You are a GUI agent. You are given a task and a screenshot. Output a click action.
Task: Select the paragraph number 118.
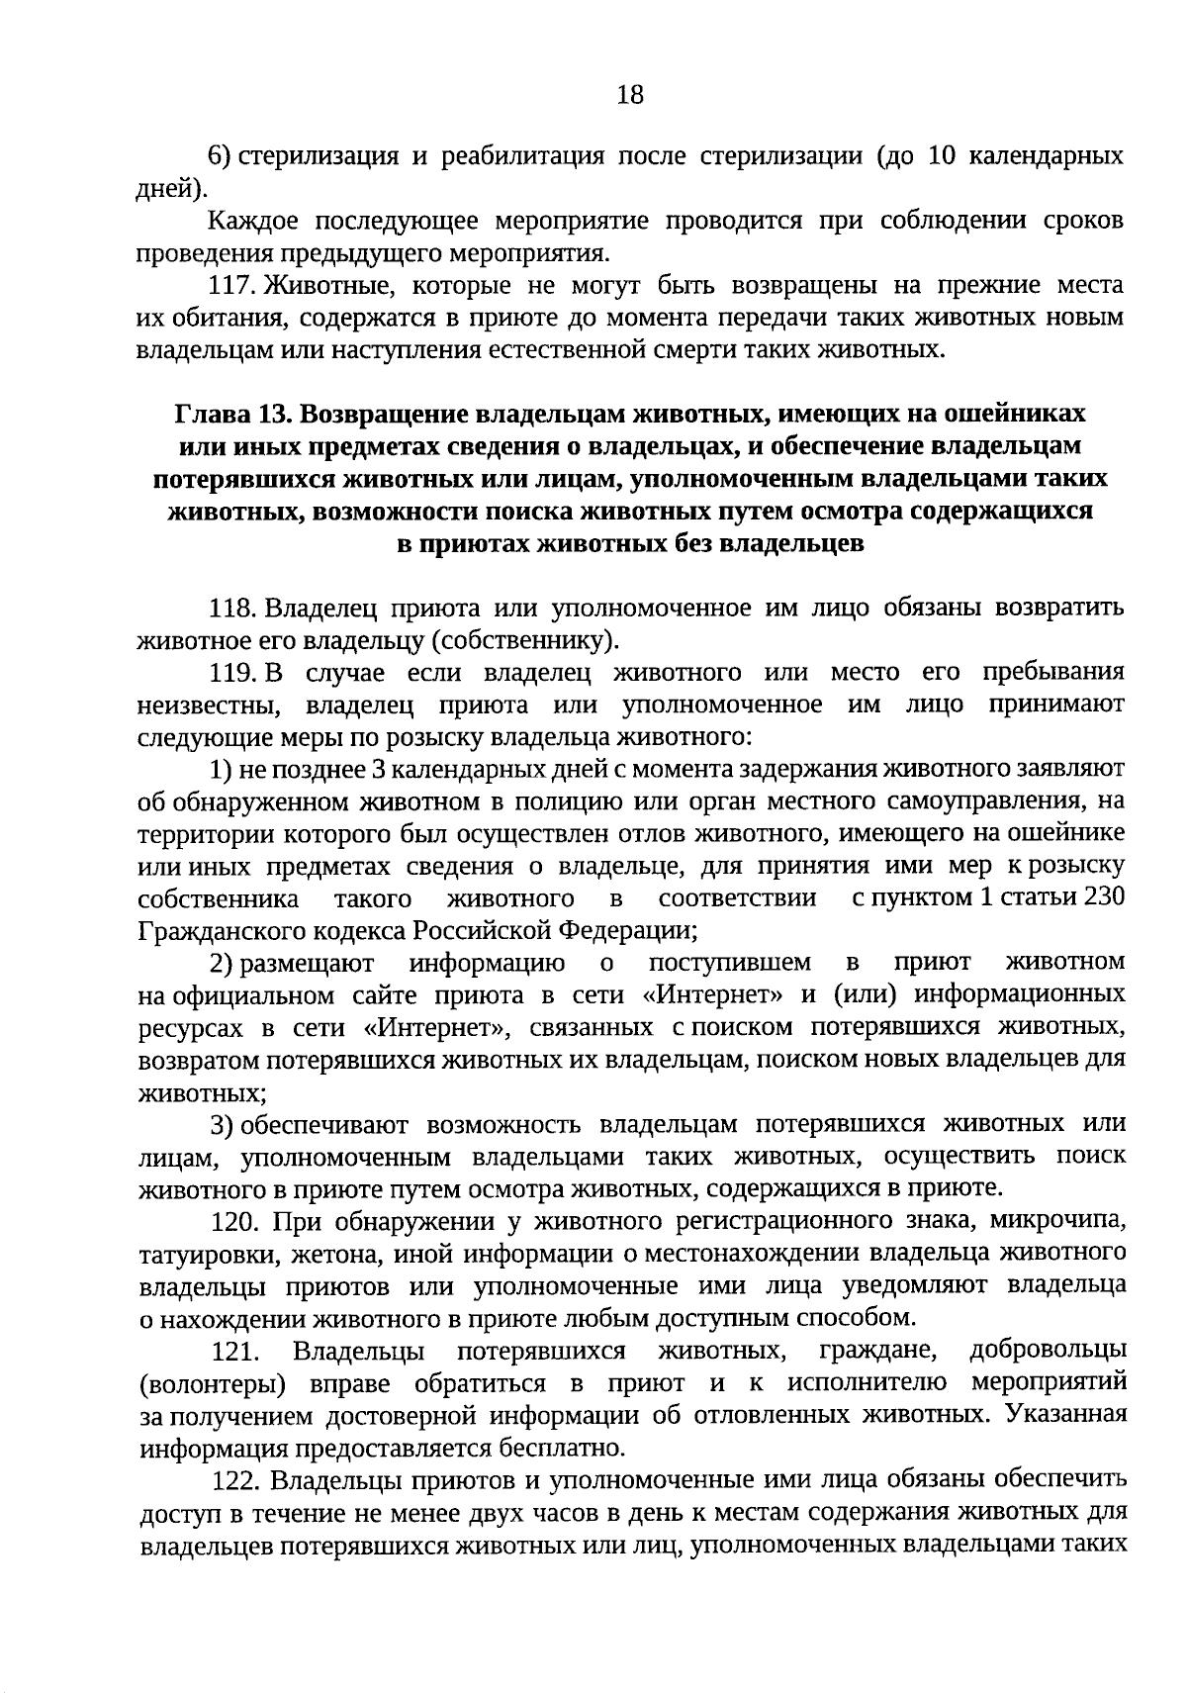(x=234, y=607)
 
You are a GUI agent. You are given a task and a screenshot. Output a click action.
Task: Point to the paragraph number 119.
(x=234, y=673)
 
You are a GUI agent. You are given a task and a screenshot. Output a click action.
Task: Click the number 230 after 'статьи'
(x=1104, y=898)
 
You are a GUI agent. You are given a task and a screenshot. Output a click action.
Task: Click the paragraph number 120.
(x=238, y=1222)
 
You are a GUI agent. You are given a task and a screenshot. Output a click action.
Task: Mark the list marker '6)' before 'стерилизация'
(x=219, y=156)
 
